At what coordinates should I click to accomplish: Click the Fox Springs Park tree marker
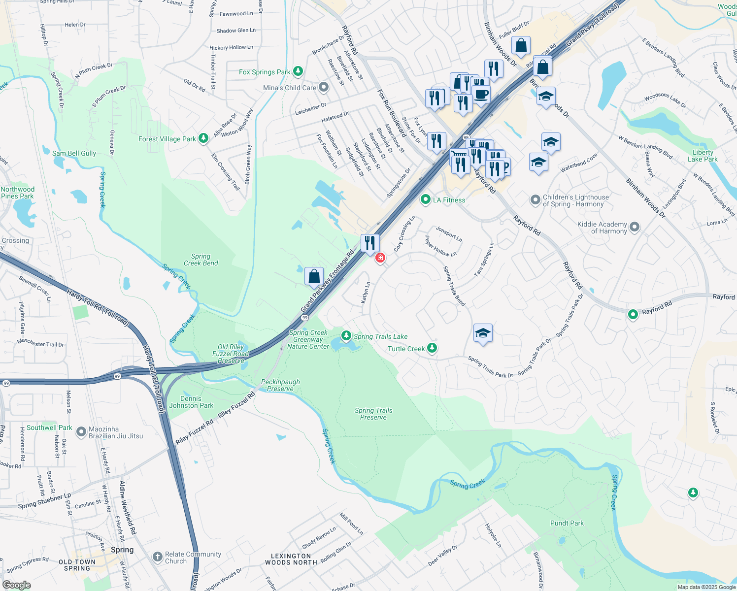tap(298, 71)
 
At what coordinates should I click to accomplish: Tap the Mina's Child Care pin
tap(324, 88)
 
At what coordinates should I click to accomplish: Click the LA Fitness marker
tap(426, 199)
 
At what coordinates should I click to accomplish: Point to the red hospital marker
tap(380, 258)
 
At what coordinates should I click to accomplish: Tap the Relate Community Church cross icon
tap(157, 557)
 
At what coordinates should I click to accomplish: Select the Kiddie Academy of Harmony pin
tap(635, 227)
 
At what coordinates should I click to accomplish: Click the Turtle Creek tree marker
tap(432, 348)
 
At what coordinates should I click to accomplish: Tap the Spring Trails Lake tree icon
tap(346, 336)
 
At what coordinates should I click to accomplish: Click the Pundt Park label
tap(567, 523)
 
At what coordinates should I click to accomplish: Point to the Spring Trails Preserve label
tap(373, 414)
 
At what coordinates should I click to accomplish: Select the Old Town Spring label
tap(77, 565)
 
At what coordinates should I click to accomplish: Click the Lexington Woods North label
tap(291, 559)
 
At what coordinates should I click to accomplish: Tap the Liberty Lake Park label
tap(703, 156)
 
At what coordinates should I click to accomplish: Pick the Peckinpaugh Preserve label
tap(280, 385)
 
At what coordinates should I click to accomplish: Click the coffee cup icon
tap(481, 94)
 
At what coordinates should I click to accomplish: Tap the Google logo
tap(16, 585)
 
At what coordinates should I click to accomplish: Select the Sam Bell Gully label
tap(74, 153)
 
